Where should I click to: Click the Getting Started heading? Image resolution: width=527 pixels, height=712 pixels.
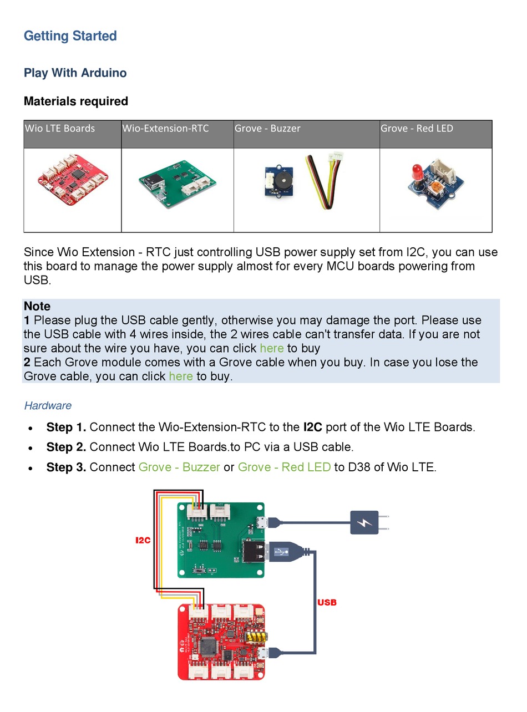(70, 36)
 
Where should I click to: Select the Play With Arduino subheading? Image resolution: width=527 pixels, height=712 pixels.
(75, 73)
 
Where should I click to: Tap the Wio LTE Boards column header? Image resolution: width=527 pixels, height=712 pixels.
(60, 129)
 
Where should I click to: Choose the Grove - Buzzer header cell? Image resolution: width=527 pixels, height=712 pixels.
(267, 129)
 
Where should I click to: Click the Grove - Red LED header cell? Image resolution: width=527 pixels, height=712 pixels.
(417, 129)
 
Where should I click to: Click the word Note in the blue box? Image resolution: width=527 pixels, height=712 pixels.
(37, 307)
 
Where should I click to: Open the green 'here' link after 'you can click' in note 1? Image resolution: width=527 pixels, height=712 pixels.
(271, 348)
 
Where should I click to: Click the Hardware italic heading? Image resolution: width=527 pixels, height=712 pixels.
(48, 405)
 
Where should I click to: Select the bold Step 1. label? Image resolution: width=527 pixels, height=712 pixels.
(66, 427)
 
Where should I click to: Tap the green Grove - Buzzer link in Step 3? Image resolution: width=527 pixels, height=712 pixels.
(179, 467)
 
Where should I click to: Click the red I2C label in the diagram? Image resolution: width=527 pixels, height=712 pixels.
(143, 540)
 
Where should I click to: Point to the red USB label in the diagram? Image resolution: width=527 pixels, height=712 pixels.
(327, 602)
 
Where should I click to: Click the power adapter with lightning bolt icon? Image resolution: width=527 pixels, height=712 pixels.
(364, 522)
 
